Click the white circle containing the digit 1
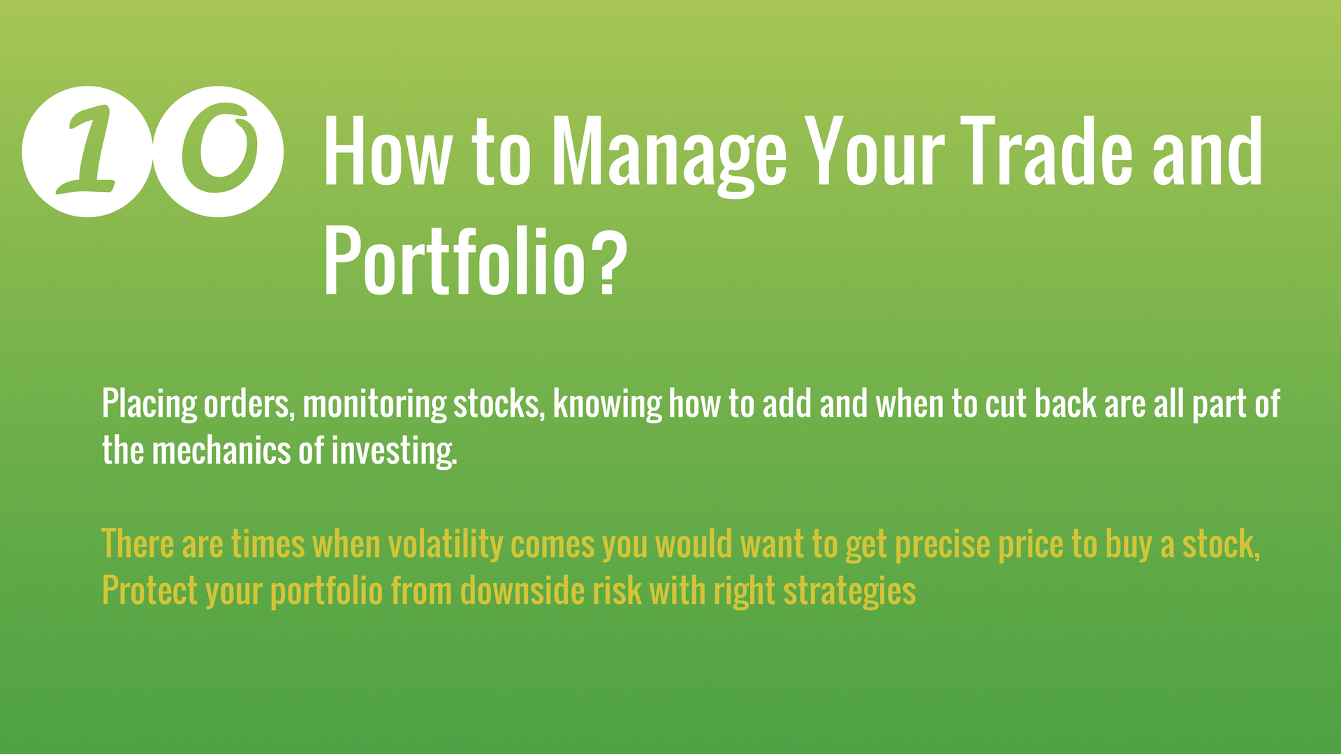pos(87,151)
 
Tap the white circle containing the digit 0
pos(219,151)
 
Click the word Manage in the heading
pos(670,154)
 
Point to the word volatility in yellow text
pos(446,545)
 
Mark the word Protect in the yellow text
pos(150,591)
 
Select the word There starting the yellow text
pos(138,543)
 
